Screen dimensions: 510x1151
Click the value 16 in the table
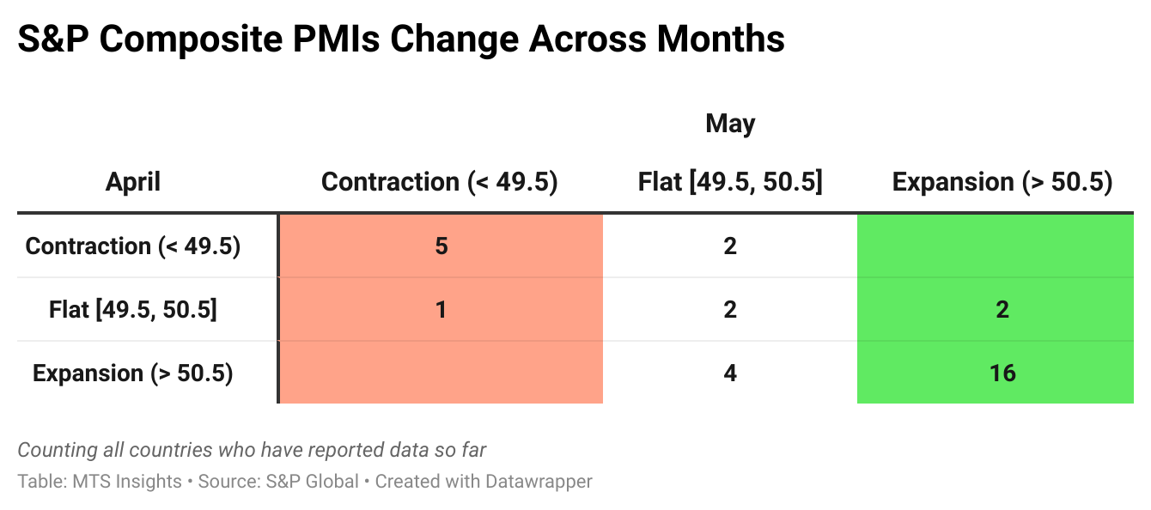(x=1002, y=373)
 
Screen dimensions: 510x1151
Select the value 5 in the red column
(x=441, y=246)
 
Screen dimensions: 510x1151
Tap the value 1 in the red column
(x=441, y=309)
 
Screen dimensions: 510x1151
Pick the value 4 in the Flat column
(x=730, y=373)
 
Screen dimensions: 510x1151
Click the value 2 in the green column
(x=1002, y=309)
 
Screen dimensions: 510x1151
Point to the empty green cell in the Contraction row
(x=995, y=246)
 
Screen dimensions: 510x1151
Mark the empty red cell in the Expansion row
(x=441, y=373)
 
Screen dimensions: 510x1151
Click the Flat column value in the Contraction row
(x=730, y=246)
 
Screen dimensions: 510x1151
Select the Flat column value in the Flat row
(x=730, y=309)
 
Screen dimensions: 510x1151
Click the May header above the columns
(x=730, y=124)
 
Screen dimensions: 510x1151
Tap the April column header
(x=133, y=182)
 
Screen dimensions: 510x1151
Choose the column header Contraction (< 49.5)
(x=440, y=182)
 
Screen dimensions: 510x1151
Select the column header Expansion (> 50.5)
(x=1002, y=182)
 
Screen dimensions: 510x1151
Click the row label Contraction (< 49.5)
(x=133, y=246)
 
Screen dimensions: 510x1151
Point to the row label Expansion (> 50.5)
(x=133, y=373)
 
